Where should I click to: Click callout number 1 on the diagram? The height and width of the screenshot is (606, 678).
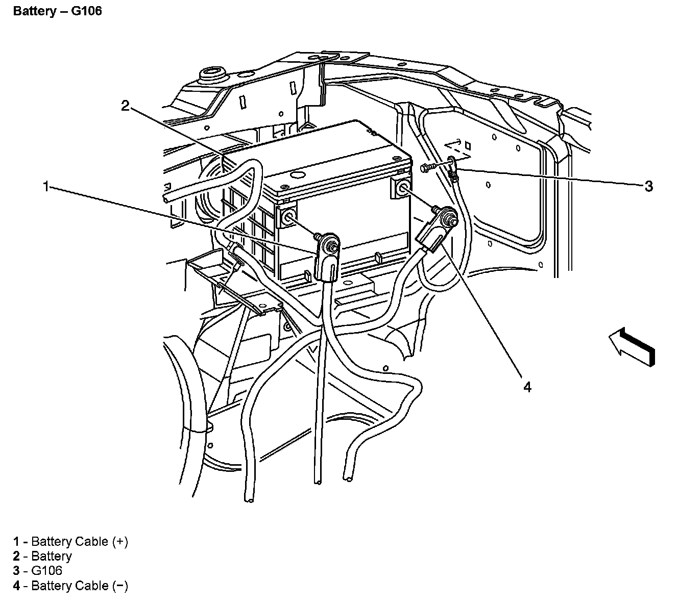[x=46, y=187]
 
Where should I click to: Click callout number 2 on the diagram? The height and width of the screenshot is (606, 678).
[x=126, y=106]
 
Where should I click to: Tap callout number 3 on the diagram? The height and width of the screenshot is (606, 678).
[x=648, y=186]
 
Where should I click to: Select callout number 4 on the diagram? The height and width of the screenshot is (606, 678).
[x=527, y=387]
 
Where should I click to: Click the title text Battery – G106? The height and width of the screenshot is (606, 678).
[x=58, y=11]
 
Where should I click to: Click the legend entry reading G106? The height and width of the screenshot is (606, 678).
[x=46, y=571]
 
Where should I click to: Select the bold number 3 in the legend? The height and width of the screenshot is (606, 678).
[x=17, y=571]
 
